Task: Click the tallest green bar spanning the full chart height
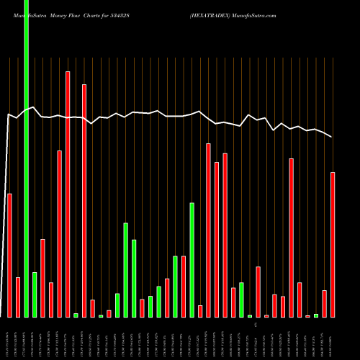tap(27, 158)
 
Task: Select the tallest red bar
tap(68, 194)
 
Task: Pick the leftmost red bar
tap(10, 256)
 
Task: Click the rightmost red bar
tap(333, 245)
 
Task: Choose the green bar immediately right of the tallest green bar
tap(35, 294)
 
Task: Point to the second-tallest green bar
tap(192, 260)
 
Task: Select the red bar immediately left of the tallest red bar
tap(60, 234)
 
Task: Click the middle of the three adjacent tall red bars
tap(217, 240)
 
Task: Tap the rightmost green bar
tap(316, 315)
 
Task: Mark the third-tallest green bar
tap(125, 270)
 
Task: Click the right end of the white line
tap(332, 137)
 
